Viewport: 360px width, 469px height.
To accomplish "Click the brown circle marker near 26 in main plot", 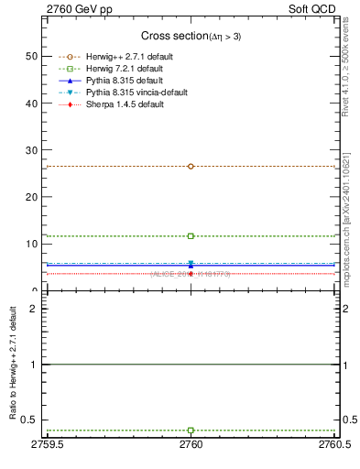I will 191,166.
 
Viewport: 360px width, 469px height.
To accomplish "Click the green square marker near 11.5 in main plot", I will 191,236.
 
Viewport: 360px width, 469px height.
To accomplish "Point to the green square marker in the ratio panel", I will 191,431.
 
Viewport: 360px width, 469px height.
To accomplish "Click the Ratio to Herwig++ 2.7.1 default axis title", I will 10,364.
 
